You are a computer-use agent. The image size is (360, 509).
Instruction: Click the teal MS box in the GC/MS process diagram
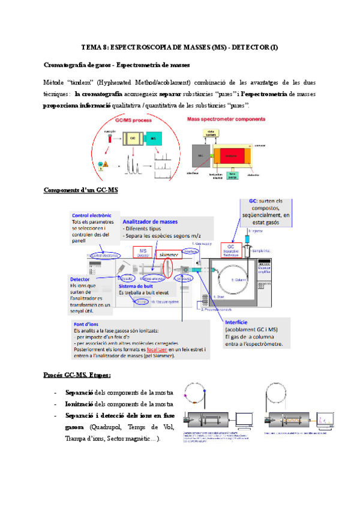[154, 139]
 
